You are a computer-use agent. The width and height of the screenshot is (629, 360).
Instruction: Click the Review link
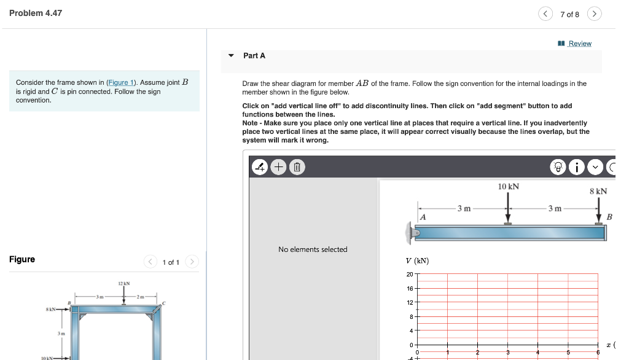pos(579,44)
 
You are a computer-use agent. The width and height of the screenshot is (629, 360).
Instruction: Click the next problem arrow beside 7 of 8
pos(594,14)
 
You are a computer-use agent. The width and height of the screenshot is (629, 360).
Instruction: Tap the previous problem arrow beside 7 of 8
pos(545,14)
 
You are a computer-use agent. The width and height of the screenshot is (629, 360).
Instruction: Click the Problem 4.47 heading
pos(36,13)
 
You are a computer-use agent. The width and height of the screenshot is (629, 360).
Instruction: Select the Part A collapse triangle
pos(231,55)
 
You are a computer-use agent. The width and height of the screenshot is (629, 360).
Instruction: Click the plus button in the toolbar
pos(278,166)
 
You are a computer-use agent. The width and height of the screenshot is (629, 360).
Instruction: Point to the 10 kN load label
pos(509,186)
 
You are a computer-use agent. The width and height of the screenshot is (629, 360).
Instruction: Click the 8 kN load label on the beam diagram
pos(598,191)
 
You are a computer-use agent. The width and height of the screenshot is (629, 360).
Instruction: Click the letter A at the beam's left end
pos(423,217)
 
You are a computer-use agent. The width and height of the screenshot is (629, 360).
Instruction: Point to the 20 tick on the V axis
pos(410,274)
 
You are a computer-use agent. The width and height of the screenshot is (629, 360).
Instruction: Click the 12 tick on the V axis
pos(410,302)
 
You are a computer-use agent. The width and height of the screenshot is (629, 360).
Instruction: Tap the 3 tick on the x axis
pos(508,352)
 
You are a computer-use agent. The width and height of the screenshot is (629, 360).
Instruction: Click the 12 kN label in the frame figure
pos(124,283)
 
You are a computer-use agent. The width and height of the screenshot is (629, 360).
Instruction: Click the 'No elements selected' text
pos(313,249)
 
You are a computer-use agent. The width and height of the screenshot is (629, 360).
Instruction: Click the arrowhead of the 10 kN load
pos(508,220)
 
